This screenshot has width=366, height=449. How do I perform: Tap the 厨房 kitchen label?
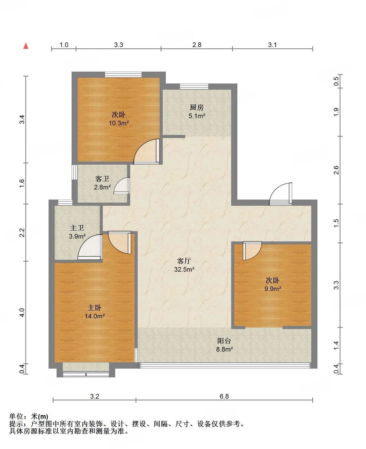[197, 107]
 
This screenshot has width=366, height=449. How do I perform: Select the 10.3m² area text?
[119, 123]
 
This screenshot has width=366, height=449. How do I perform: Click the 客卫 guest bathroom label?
[102, 179]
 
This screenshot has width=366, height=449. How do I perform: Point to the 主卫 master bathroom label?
[77, 228]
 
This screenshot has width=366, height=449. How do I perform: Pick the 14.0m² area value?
[95, 316]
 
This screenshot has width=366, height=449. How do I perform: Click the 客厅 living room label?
[184, 261]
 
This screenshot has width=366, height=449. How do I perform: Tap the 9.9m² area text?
[273, 288]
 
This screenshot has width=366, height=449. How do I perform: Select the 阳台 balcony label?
[224, 341]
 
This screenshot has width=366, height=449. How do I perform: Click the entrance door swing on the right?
[281, 194]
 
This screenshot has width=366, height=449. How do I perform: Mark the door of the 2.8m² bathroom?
[121, 185]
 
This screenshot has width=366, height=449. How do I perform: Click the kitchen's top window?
[194, 86]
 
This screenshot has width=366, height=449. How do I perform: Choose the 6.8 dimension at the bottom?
[224, 396]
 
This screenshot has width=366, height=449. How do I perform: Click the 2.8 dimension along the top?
[197, 45]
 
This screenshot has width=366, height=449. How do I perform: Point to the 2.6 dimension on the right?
[336, 170]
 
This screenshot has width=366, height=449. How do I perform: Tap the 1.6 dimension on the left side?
[22, 183]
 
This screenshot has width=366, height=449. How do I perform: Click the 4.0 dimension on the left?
[22, 313]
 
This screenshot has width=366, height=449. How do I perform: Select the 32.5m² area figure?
[184, 269]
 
